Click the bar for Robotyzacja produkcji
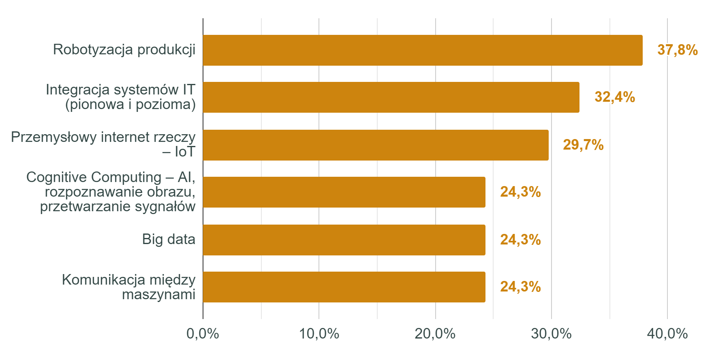[x=422, y=50]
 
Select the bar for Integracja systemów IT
[x=391, y=97]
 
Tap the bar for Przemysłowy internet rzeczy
[x=376, y=145]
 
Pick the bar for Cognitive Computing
[x=344, y=192]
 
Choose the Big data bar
[x=344, y=240]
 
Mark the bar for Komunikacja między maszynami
[x=344, y=287]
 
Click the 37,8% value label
[x=677, y=50]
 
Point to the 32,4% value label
[x=614, y=97]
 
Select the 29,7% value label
[x=583, y=145]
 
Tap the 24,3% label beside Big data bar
[x=520, y=240]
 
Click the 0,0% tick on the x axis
[x=203, y=334]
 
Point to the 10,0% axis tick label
[x=319, y=334]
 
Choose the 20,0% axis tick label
[x=435, y=334]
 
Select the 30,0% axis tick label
[x=551, y=334]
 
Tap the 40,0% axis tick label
[x=667, y=334]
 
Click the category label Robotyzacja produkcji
[x=124, y=49]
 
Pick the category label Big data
[x=169, y=239]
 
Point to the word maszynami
[x=158, y=294]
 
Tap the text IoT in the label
[x=185, y=152]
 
